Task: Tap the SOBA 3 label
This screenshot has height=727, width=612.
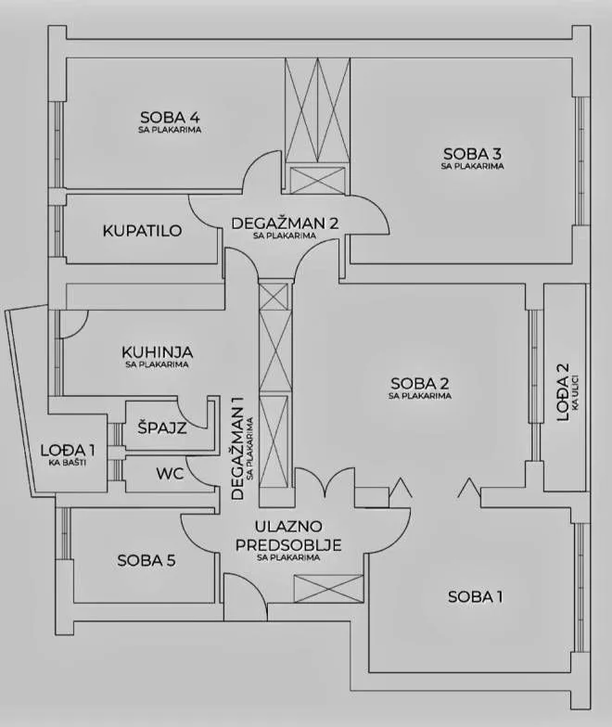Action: tap(473, 153)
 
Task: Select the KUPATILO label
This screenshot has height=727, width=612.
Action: tap(143, 230)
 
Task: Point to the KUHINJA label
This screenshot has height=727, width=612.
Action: tap(158, 351)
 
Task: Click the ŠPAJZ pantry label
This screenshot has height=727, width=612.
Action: tap(162, 427)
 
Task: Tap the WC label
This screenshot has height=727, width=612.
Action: tap(170, 474)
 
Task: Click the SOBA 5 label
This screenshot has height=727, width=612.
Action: tap(147, 560)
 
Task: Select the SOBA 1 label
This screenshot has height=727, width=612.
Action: tap(475, 597)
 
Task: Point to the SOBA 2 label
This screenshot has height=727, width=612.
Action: tap(419, 384)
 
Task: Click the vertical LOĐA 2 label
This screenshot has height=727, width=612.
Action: tap(562, 391)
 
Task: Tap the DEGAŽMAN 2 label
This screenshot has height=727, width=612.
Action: tap(286, 223)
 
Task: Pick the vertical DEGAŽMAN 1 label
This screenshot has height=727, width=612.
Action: tap(237, 448)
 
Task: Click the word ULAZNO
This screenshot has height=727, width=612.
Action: tap(288, 527)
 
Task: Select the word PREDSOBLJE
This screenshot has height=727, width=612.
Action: tap(288, 544)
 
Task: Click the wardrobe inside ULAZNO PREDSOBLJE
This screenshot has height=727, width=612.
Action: tap(328, 589)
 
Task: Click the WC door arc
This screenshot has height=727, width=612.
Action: tap(194, 473)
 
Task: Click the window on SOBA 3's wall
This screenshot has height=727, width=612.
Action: tap(580, 161)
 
